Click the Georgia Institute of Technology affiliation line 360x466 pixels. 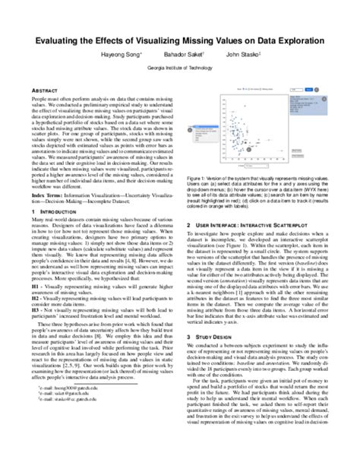(x=179, y=66)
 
